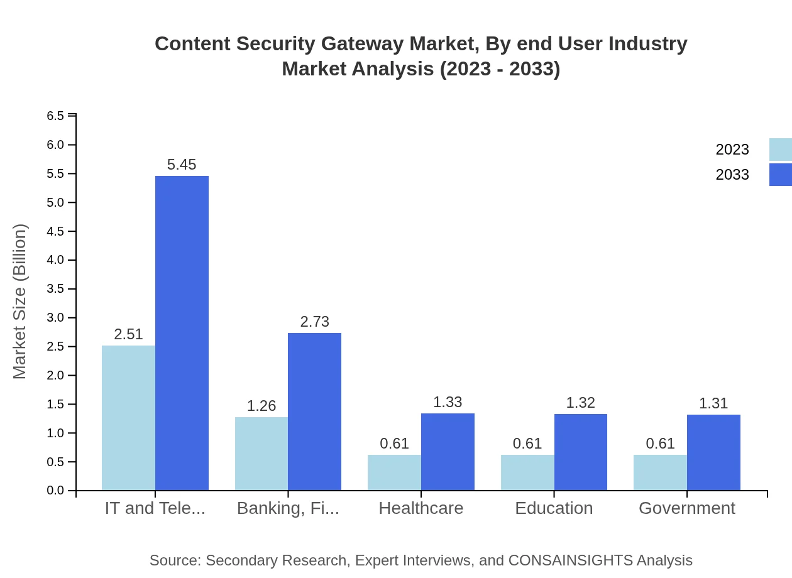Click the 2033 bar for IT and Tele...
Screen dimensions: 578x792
coord(182,333)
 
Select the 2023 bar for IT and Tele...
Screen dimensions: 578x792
coord(128,418)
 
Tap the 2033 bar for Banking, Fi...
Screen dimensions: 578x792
coord(314,412)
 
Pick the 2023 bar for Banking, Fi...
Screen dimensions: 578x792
coord(261,454)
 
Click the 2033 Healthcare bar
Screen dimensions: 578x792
coord(448,452)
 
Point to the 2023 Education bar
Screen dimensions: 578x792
coord(527,472)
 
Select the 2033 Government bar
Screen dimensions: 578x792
coord(713,452)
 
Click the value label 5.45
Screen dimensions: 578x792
coord(182,165)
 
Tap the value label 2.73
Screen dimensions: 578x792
coord(314,322)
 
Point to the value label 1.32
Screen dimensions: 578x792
coord(580,403)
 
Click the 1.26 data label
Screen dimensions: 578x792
coord(261,406)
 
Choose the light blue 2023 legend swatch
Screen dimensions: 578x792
coord(780,150)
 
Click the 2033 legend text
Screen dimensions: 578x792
coord(732,175)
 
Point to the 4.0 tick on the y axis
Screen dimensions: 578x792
coord(56,260)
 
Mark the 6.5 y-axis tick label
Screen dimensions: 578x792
coord(56,116)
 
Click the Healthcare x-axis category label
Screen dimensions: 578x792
coord(421,508)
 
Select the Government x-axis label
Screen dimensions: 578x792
coord(686,508)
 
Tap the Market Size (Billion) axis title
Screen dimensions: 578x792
coord(20,302)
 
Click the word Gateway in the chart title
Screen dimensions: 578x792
coord(362,44)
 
